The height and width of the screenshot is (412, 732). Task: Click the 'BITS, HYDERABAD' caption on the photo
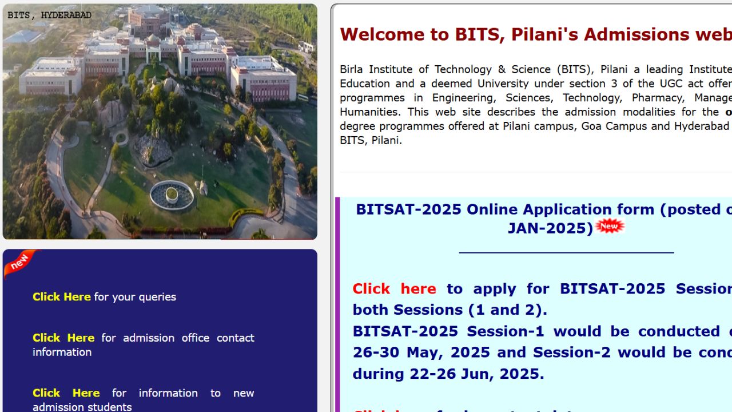pos(49,15)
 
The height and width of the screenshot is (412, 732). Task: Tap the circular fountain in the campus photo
pos(172,195)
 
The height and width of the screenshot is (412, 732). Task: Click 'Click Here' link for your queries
pos(61,297)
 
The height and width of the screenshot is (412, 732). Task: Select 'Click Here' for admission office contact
pos(63,338)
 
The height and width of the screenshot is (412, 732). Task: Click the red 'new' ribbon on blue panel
pos(19,262)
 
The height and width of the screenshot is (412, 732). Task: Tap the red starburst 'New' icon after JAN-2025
pos(610,227)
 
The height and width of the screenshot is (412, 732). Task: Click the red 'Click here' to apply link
pos(394,289)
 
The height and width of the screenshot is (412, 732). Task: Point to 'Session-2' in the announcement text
pos(572,352)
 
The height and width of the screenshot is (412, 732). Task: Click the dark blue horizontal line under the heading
pos(566,252)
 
